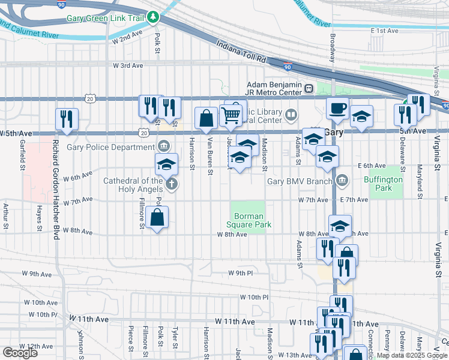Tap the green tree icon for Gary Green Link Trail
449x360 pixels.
[154, 17]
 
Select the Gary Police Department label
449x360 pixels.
[119, 147]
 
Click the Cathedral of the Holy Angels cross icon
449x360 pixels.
[172, 184]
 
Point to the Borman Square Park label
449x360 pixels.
[249, 220]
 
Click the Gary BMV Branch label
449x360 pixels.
[300, 181]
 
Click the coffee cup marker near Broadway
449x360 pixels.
[337, 109]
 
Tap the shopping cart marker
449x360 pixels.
[232, 115]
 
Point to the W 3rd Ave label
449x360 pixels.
[128, 65]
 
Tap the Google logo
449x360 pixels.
[20, 352]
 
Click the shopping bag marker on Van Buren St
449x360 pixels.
[206, 118]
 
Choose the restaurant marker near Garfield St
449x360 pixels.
[67, 119]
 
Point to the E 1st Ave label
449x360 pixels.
[385, 31]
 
